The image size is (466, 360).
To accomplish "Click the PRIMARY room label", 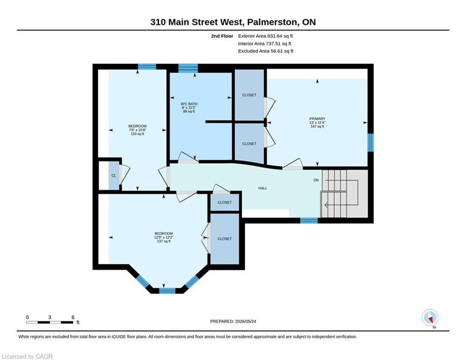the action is click(317, 119).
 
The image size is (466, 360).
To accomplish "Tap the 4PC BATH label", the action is click(189, 104).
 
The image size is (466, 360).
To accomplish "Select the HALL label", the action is click(262, 188).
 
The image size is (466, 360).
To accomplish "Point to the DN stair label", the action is click(316, 180).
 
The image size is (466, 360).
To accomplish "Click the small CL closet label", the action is click(113, 176).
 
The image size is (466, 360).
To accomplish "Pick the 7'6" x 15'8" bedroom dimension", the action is click(137, 130).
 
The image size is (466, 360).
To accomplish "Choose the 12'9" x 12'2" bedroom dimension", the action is click(163, 237).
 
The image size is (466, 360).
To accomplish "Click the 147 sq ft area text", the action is click(317, 127).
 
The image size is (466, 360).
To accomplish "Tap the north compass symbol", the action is click(430, 318).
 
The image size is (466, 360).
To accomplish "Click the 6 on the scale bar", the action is click(73, 317).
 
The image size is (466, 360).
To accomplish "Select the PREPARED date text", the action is click(233, 321).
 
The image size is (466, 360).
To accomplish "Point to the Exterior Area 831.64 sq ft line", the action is click(266, 36).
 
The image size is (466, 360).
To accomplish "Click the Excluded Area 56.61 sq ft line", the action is click(266, 51).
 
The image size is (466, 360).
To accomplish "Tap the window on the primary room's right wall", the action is click(370, 142).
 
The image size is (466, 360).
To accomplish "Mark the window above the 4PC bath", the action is click(188, 68).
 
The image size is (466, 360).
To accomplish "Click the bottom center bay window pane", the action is click(167, 291).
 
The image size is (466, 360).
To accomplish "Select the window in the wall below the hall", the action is click(309, 220).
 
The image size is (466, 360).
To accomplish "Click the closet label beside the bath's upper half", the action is click(249, 95).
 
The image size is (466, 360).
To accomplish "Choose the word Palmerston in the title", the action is click(272, 22).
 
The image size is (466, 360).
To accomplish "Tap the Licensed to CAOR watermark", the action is click(27, 356).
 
